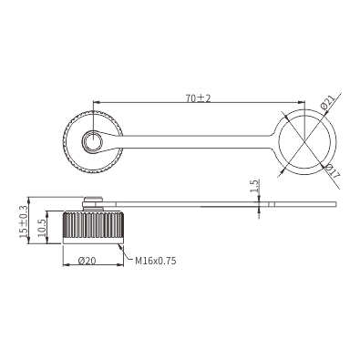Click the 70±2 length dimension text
coord(198,98)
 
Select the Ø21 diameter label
coord(327,102)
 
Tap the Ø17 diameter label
coord(332,170)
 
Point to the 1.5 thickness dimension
coord(255,186)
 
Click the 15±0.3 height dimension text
coord(24,221)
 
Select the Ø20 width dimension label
coord(87,261)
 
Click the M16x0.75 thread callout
coord(156,261)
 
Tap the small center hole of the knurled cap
coord(93,142)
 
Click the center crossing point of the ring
coord(304,141)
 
